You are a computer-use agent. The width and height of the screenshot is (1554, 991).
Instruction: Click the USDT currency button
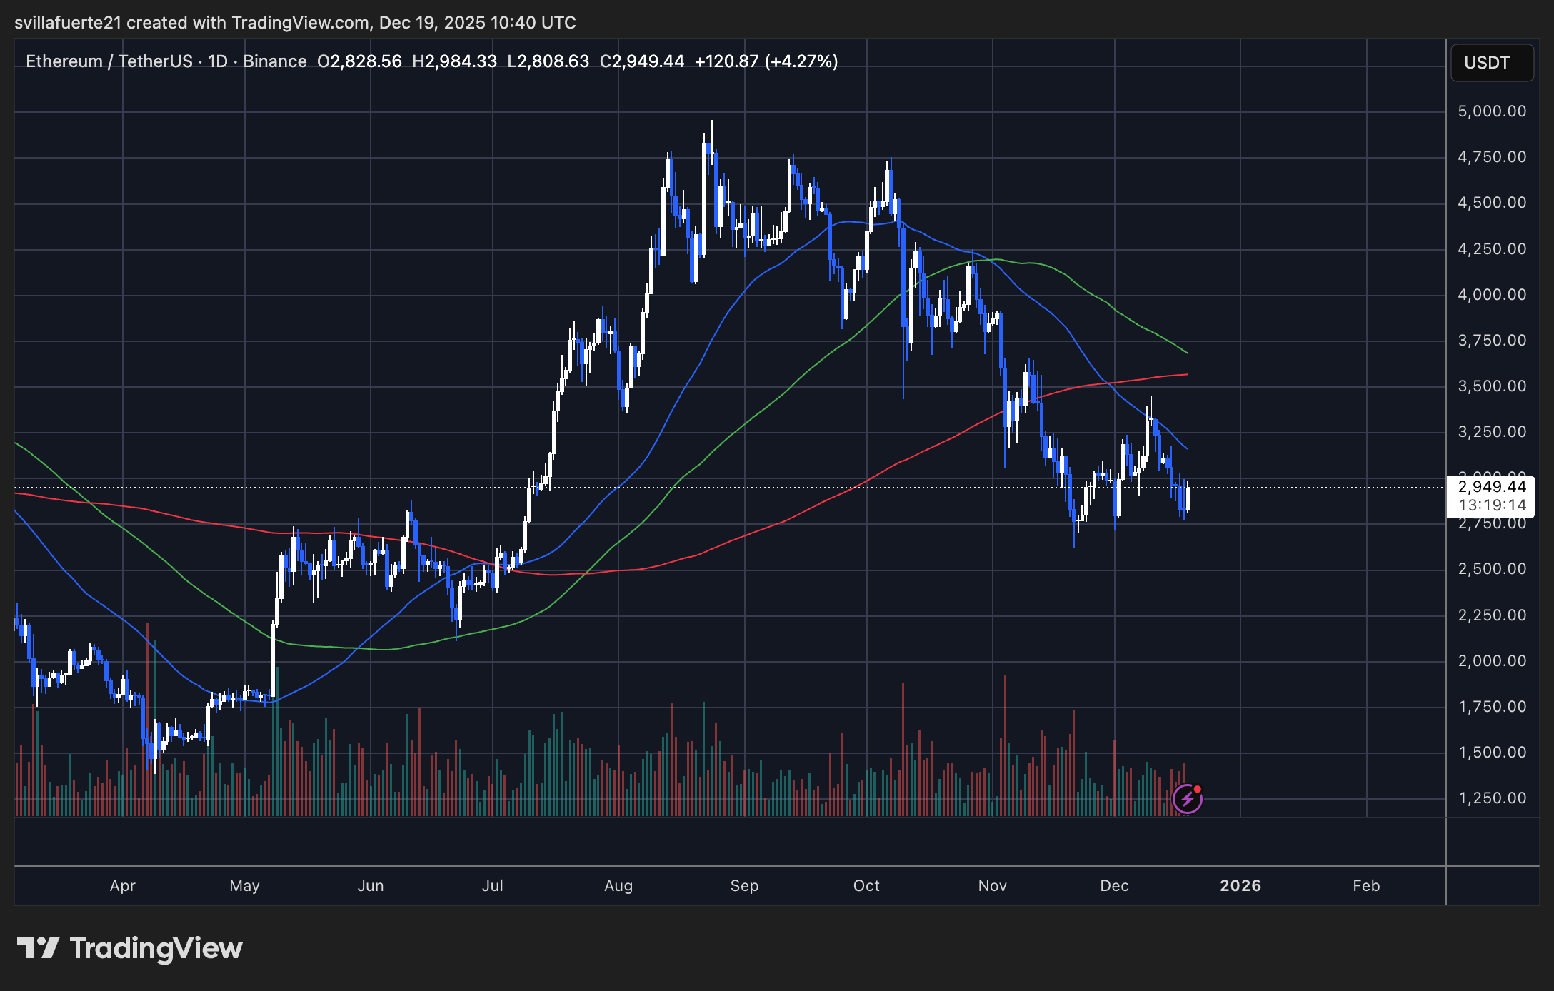(x=1491, y=63)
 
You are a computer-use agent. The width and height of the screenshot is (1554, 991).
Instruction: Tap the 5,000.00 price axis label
(x=1492, y=111)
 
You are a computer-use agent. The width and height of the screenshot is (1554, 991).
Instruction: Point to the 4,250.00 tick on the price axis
(x=1492, y=249)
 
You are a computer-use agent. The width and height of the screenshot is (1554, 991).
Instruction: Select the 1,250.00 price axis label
(x=1492, y=798)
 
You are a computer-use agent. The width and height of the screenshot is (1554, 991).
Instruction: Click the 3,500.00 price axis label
(x=1492, y=386)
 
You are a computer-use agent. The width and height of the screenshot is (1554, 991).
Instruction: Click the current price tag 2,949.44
(x=1492, y=487)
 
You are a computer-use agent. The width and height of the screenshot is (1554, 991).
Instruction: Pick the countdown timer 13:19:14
(x=1492, y=505)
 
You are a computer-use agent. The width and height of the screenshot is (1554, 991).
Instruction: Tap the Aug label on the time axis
(x=618, y=886)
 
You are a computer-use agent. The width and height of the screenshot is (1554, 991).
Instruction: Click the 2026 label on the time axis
(x=1240, y=886)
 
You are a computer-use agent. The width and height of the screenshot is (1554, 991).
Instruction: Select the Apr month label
(x=123, y=886)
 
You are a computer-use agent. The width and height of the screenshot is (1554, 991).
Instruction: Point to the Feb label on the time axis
(x=1366, y=886)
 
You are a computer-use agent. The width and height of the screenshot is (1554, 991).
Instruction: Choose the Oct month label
(x=866, y=886)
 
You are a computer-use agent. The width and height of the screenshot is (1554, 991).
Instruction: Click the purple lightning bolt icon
(x=1188, y=799)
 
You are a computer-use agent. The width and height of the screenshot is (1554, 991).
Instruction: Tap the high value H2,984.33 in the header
(x=454, y=61)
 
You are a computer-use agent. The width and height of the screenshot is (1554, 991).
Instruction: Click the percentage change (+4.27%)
(x=801, y=61)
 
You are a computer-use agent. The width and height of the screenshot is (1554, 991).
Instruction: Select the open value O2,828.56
(x=359, y=61)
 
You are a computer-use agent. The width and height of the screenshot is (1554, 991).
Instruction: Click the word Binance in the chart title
(x=275, y=61)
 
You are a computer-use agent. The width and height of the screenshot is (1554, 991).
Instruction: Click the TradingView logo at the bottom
(x=130, y=948)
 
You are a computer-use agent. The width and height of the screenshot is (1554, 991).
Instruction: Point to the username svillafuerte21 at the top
(x=68, y=23)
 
